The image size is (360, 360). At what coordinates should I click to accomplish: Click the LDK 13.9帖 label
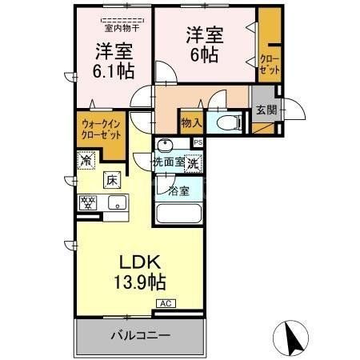pos(142,272)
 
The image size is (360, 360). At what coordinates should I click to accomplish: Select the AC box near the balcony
pos(166,304)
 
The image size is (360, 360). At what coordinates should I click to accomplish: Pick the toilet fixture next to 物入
pos(226,123)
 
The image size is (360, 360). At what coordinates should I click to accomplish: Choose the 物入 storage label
pos(190,123)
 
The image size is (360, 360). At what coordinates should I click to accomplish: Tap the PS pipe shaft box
pos(198,142)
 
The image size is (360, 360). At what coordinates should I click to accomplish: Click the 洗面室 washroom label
pos(169,162)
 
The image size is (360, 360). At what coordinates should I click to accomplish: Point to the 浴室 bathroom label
pos(179,190)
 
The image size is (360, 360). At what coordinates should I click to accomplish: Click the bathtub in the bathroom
pos(178,215)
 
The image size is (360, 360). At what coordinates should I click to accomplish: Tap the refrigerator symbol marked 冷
pos(86,161)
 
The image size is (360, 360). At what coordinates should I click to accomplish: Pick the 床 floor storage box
pos(113,180)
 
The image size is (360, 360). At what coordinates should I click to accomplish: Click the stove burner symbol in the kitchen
pos(86,202)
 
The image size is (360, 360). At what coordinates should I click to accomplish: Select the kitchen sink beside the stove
pos(117,202)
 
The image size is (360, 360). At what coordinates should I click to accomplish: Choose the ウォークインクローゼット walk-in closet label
pos(101,128)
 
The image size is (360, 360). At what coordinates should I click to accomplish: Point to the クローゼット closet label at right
pos(270,66)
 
